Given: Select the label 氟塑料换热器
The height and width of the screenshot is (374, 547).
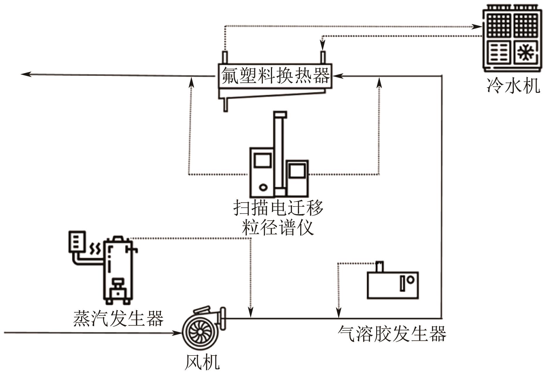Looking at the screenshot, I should (275, 76).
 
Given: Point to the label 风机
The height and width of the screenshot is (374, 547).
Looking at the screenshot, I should (202, 362).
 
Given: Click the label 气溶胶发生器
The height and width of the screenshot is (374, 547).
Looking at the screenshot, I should (392, 334).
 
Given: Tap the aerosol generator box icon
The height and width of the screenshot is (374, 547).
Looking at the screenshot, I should (393, 285).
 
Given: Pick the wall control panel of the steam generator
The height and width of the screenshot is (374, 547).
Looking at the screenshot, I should (77, 241).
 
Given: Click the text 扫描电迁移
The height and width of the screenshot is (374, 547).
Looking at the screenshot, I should (278, 208).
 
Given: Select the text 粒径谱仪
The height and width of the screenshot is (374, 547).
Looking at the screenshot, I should (278, 227).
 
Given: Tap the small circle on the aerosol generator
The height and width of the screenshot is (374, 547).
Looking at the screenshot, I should (410, 280).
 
